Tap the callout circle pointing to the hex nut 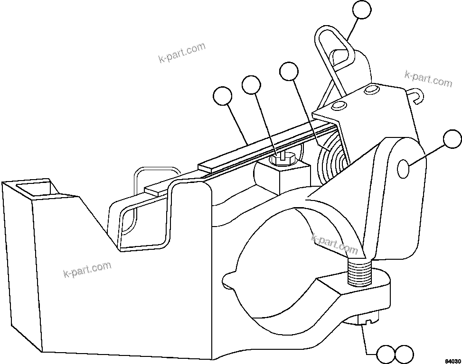(251, 86)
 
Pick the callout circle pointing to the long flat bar (222, 96)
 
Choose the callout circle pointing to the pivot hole (452, 140)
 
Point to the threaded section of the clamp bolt (360, 274)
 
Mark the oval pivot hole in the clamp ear (403, 169)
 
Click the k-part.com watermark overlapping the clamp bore (334, 243)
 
